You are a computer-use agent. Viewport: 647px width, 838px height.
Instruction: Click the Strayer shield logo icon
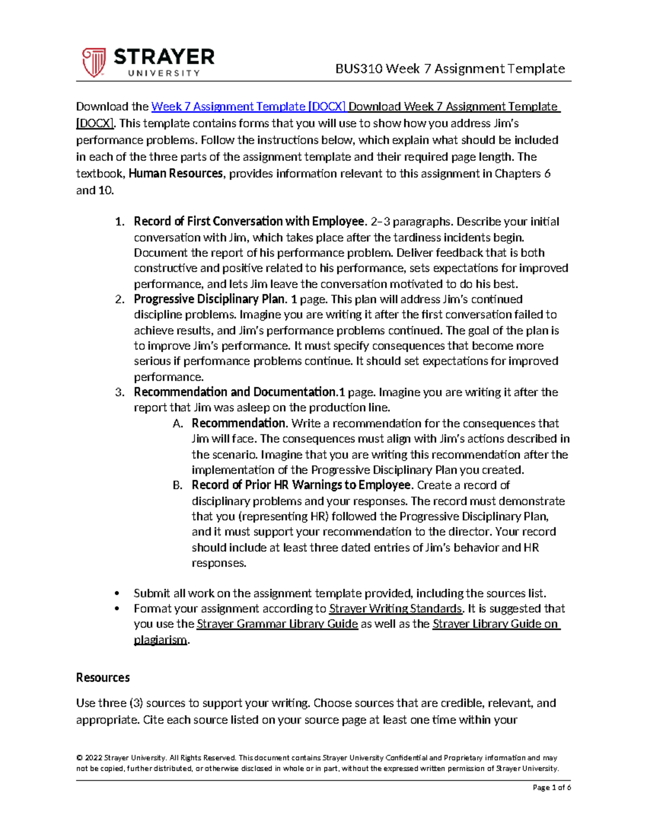(x=93, y=62)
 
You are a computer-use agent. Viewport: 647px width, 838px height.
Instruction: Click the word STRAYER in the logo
(x=164, y=57)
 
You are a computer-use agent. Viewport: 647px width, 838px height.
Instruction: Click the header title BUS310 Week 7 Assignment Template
(x=450, y=69)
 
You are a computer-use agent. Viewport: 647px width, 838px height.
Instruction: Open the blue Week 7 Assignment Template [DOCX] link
(x=249, y=107)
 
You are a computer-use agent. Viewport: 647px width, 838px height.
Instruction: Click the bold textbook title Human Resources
(x=175, y=174)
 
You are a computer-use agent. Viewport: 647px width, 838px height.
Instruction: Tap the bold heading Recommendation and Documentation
(x=235, y=392)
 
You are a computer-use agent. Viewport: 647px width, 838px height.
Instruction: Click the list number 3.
(x=120, y=392)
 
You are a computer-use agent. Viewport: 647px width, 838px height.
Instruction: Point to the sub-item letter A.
(x=178, y=424)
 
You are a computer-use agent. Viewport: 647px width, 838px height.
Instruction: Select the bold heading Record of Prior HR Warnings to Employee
(x=301, y=485)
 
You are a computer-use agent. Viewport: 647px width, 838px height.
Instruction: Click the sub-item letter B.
(x=178, y=486)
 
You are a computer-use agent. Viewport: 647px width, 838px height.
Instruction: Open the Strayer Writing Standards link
(x=395, y=609)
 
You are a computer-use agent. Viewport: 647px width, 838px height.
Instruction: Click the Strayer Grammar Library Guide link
(x=277, y=624)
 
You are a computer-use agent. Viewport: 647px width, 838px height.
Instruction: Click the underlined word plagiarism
(x=160, y=640)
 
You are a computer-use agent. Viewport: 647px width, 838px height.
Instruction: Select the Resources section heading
(x=103, y=678)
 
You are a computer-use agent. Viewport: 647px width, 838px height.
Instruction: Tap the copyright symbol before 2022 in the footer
(x=79, y=758)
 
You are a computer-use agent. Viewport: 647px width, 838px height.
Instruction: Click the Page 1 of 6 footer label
(x=551, y=788)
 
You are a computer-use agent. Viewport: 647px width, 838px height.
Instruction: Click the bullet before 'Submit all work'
(x=117, y=594)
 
